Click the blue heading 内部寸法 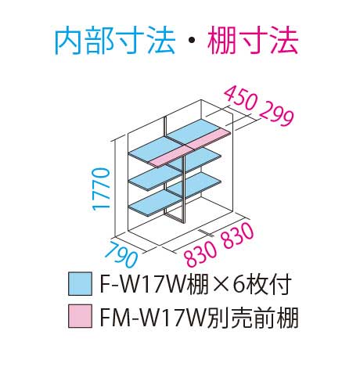point(115,41)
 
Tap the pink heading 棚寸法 point(253,41)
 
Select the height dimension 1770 point(101,189)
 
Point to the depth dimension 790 point(121,254)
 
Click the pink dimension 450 point(241,99)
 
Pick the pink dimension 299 point(277,116)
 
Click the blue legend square point(80,284)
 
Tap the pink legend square point(80,316)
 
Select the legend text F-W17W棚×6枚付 point(196,284)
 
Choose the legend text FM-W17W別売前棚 point(199,317)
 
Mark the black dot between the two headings point(191,41)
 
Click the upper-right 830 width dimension point(238,234)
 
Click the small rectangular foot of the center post point(174,218)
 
